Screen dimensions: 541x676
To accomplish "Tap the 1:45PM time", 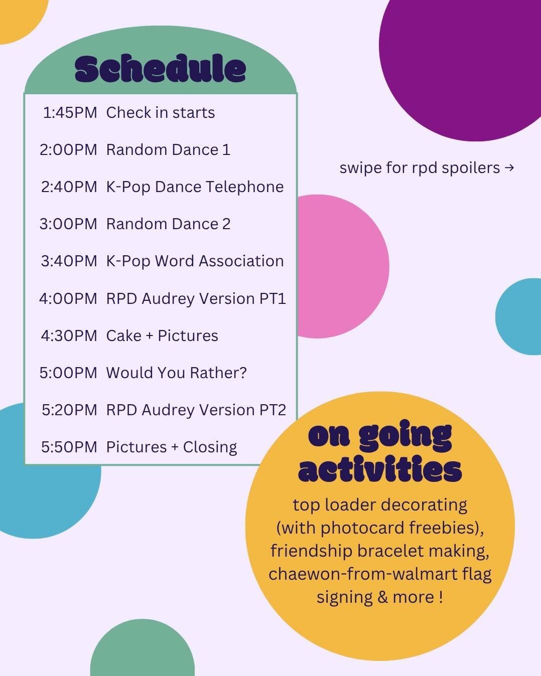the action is click(x=70, y=113).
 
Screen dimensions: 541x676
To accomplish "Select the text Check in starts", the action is click(x=160, y=112).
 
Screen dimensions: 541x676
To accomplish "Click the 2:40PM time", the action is click(x=69, y=187).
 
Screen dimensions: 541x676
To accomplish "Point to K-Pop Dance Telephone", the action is click(x=195, y=187).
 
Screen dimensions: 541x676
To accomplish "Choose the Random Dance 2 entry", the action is click(x=168, y=224).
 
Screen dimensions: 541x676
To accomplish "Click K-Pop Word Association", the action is click(x=195, y=261).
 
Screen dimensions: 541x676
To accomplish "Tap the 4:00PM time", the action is click(x=68, y=298).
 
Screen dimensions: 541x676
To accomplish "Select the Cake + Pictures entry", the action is click(x=162, y=335).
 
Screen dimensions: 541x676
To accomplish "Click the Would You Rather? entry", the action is click(x=176, y=373).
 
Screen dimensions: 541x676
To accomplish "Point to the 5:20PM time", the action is click(x=69, y=410).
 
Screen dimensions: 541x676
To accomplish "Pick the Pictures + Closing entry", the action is click(x=172, y=447).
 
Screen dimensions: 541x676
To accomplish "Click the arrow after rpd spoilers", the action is click(x=509, y=167).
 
